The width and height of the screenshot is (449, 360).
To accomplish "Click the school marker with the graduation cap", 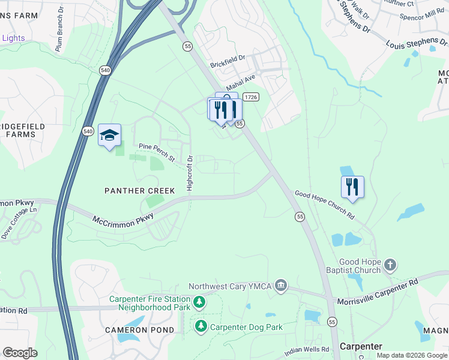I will [x=109, y=136].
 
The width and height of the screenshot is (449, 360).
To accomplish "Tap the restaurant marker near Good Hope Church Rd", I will [x=352, y=187].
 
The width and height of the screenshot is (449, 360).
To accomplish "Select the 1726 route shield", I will [x=252, y=97].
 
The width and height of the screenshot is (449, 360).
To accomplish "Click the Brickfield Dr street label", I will [x=228, y=61].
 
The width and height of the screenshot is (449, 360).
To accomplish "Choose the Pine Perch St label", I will [x=156, y=152].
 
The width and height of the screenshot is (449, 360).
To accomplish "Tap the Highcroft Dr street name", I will [x=190, y=173].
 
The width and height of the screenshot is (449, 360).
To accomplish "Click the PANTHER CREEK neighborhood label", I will [x=139, y=191].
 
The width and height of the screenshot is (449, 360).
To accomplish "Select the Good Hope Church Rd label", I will [x=324, y=205].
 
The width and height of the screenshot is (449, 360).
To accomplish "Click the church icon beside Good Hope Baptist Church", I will [x=390, y=265].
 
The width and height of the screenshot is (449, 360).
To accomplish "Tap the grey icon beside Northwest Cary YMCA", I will [x=281, y=286].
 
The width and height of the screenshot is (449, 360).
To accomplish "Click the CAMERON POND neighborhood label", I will [x=139, y=330].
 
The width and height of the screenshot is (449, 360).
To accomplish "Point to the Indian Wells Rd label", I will [x=307, y=349].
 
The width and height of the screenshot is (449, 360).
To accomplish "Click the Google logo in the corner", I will [x=20, y=353].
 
